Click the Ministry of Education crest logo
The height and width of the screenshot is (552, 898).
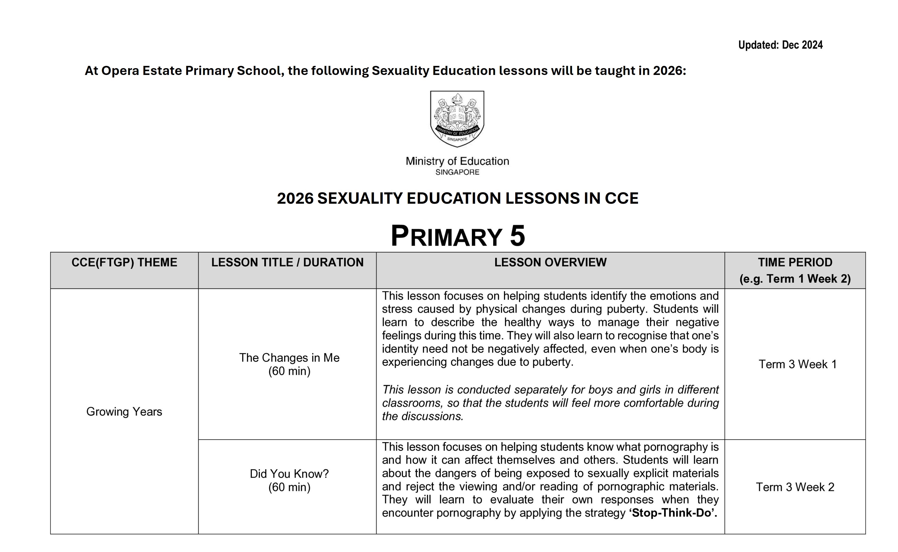[x=457, y=119]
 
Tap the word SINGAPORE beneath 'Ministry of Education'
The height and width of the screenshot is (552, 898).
[x=457, y=172]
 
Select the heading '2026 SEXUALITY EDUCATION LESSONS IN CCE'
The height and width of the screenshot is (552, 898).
[x=457, y=198]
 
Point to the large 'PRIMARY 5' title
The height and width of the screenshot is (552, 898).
[x=458, y=236]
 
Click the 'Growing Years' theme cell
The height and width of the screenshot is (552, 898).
[x=124, y=411]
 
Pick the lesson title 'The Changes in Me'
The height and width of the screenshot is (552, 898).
[x=289, y=357]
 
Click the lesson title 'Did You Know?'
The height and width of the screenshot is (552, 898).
[x=289, y=474]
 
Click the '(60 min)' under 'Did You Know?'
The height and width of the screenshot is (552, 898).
[x=289, y=487]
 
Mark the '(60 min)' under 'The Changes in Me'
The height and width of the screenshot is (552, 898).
[x=289, y=371]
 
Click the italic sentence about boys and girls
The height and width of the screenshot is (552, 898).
[x=550, y=403]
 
